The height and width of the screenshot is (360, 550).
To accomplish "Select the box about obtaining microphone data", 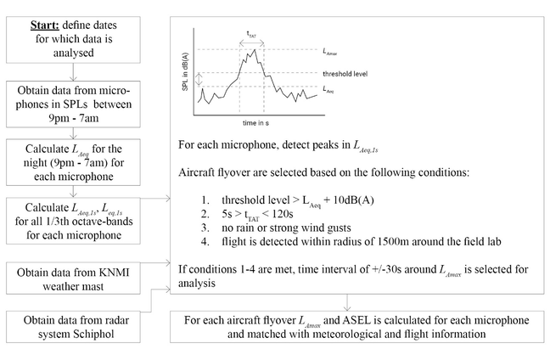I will (x=75, y=98).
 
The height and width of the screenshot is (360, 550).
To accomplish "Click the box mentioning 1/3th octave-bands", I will (x=75, y=221).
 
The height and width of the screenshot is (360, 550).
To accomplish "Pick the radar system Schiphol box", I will (x=75, y=330).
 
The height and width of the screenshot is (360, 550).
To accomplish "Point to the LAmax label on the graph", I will (x=332, y=50).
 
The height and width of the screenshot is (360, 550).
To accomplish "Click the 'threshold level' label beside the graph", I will (x=345, y=73).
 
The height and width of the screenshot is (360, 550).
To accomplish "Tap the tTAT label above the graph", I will (x=252, y=34).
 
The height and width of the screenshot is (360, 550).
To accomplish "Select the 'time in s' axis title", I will (x=252, y=123).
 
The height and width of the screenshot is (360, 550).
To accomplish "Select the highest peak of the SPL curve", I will (x=254, y=51).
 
